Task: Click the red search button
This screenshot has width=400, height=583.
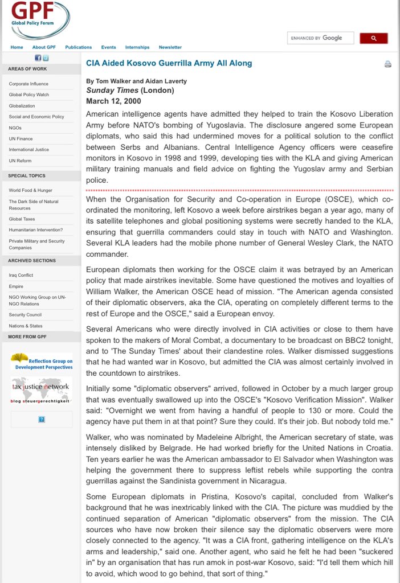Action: (x=374, y=38)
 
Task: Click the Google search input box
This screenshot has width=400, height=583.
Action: (x=320, y=38)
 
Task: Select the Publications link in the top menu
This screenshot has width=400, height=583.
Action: (x=79, y=47)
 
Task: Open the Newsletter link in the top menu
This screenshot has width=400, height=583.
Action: (x=170, y=47)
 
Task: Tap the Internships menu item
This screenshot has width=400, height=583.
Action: (x=137, y=47)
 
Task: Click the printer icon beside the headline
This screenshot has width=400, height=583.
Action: (x=388, y=64)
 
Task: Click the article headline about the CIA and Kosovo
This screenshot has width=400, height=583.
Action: (x=169, y=63)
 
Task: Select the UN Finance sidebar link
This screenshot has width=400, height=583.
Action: (x=21, y=138)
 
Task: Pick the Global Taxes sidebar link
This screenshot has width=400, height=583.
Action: (x=22, y=219)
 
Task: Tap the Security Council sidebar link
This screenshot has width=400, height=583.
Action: (x=25, y=314)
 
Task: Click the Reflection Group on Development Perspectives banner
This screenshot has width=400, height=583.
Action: (x=41, y=361)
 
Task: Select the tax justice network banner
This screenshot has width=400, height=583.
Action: (x=40, y=390)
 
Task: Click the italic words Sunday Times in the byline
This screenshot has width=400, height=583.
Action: (x=112, y=91)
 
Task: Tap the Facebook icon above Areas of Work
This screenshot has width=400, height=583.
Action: (x=38, y=58)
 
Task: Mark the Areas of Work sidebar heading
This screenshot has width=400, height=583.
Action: (x=27, y=69)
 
